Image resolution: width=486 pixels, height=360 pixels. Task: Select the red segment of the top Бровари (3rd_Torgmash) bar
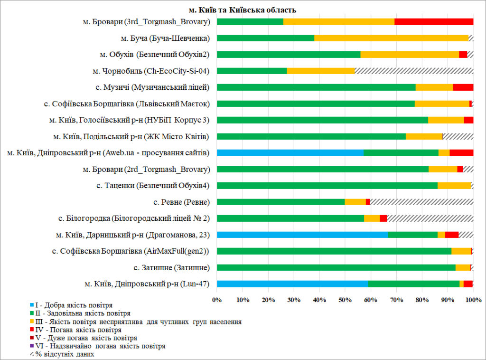434,22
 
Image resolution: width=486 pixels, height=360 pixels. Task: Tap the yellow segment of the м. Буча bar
391,38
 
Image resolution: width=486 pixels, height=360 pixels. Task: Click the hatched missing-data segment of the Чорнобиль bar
414,71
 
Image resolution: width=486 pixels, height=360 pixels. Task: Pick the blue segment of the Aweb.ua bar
290,153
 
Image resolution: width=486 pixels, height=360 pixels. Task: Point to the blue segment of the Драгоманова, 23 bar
302,235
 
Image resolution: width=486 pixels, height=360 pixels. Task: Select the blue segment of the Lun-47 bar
292,284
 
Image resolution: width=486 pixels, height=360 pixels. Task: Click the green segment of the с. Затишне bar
336,267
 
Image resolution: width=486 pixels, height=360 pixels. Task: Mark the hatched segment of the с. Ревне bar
421,202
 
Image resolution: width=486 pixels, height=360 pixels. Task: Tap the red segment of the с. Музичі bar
463,87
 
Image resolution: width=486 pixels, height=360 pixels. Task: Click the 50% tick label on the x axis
345,300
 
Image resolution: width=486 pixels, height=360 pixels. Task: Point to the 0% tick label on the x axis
217,300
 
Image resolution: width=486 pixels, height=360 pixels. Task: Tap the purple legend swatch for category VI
32,346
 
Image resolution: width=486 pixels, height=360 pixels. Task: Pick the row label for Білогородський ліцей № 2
134,218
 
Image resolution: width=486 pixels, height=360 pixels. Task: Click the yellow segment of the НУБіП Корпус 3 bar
446,120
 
